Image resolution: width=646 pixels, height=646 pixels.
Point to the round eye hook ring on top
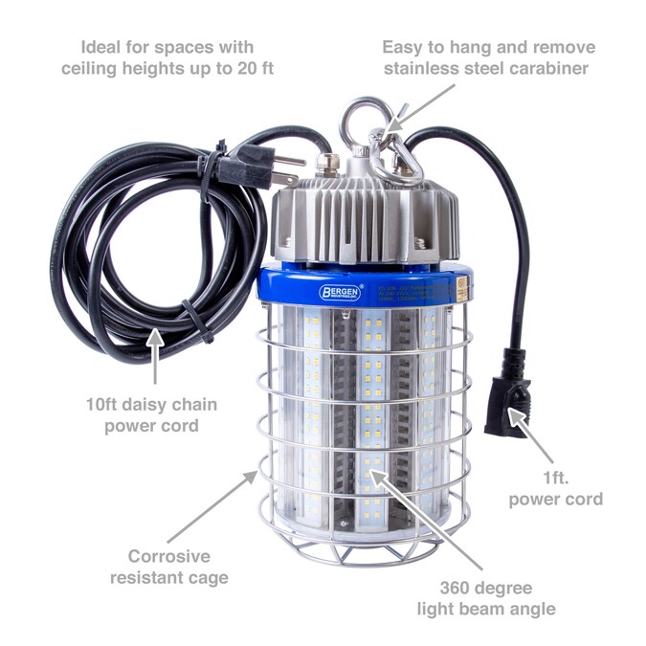click(364, 119)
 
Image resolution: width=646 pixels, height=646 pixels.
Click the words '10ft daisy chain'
click(151, 404)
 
